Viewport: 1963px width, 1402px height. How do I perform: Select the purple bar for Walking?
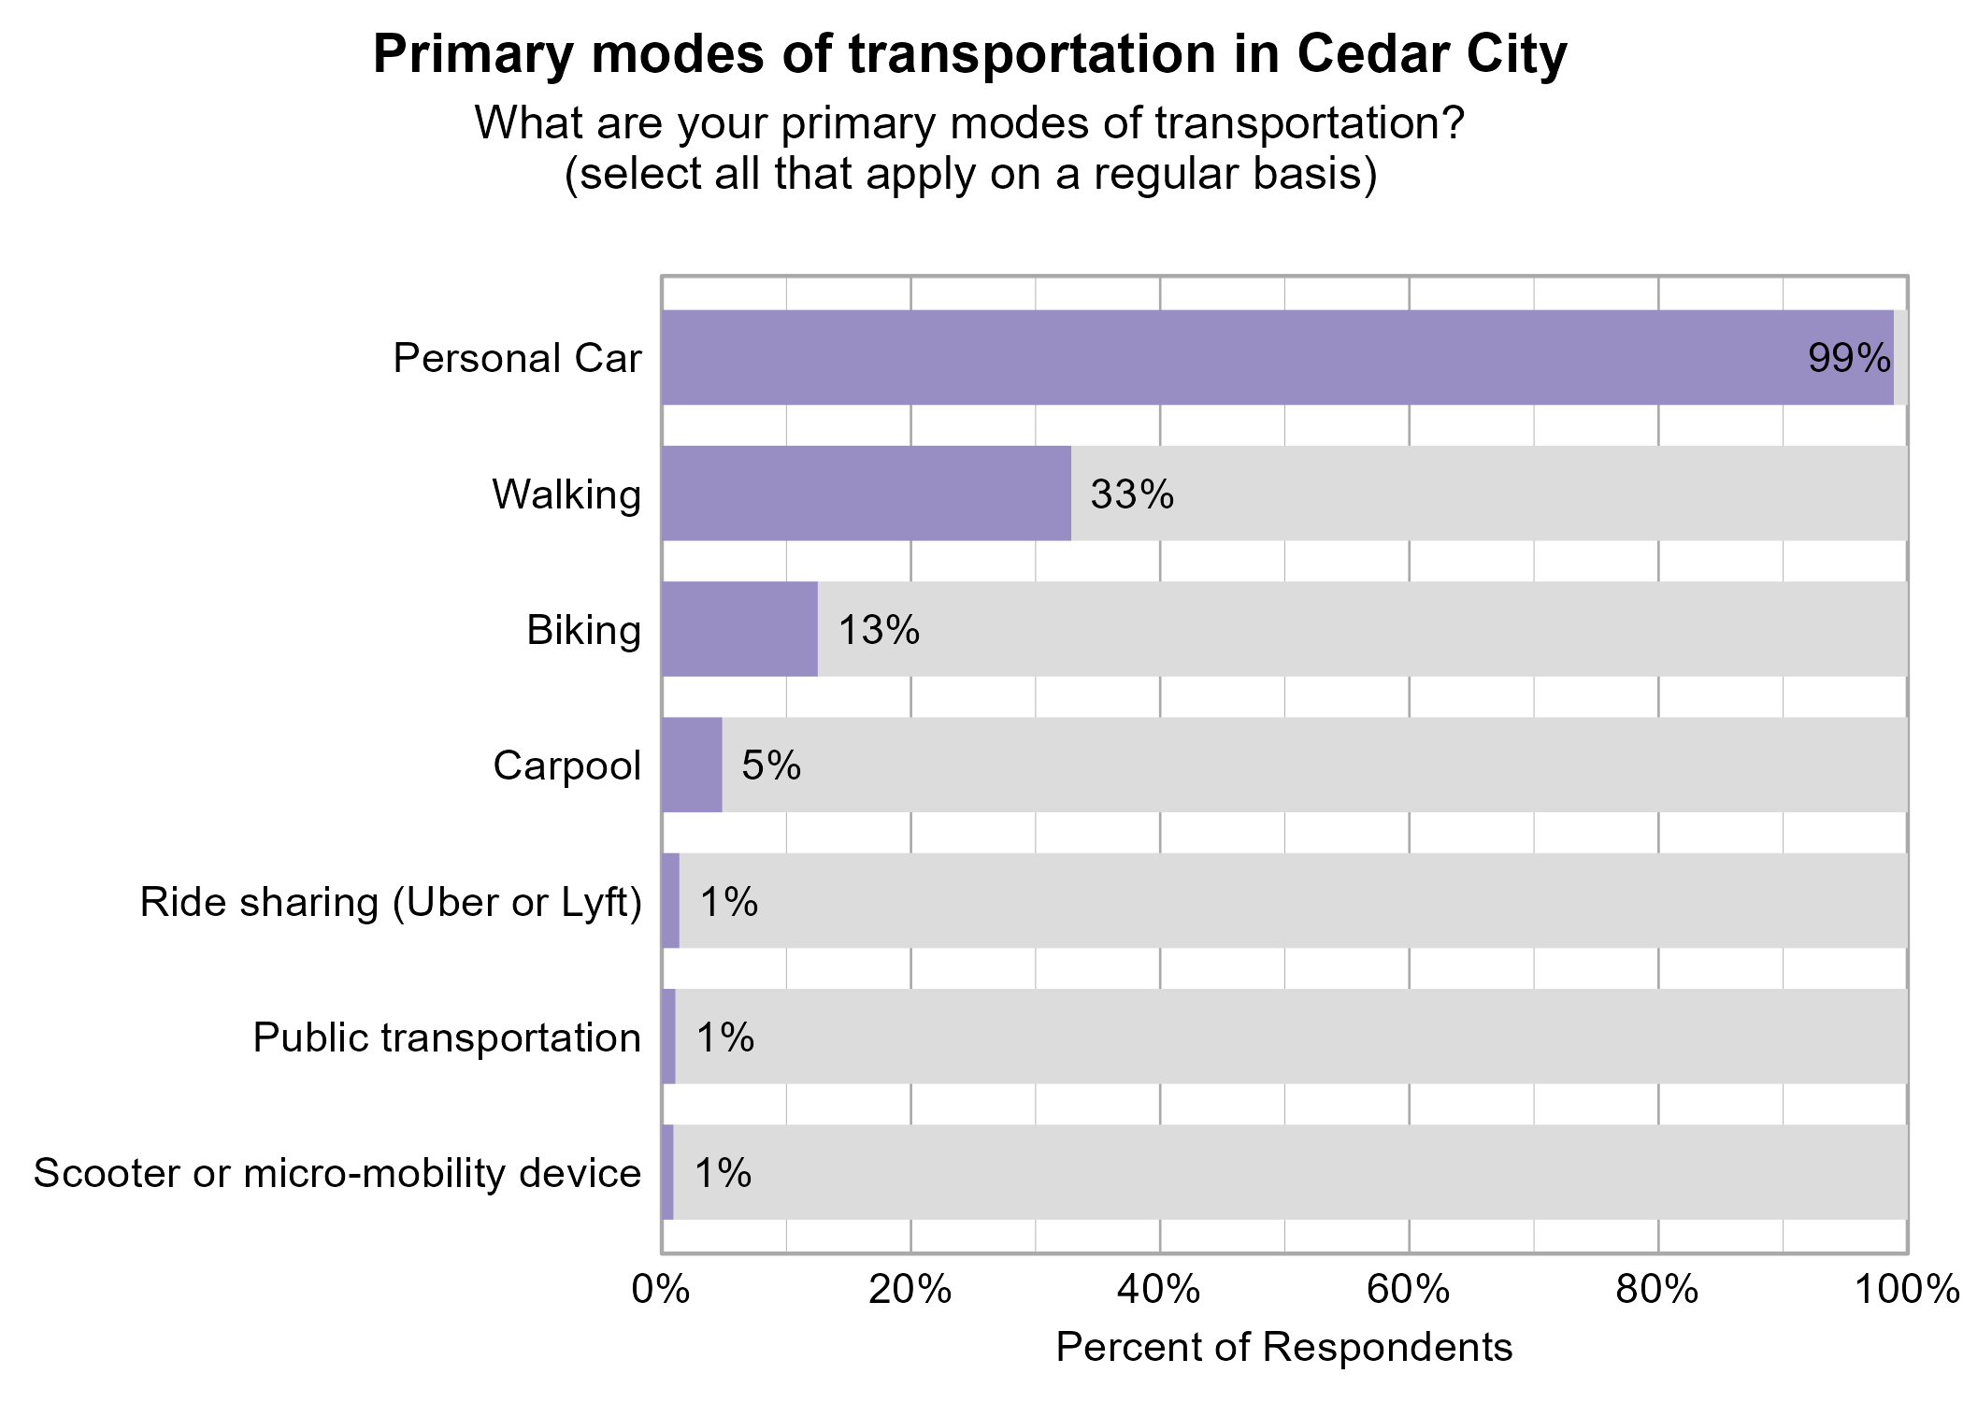click(x=866, y=494)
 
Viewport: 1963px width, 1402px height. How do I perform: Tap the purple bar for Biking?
click(x=739, y=629)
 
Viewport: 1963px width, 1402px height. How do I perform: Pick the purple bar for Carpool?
click(x=692, y=765)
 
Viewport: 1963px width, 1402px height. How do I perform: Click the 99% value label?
click(x=1849, y=359)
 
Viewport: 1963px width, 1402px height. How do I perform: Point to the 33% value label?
click(x=1132, y=494)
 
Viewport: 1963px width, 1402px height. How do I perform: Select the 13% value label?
click(x=879, y=630)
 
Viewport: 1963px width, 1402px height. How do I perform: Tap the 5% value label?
click(x=771, y=765)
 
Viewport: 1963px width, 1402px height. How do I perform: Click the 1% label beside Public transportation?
click(x=725, y=1037)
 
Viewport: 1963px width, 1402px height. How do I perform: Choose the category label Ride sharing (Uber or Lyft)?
click(x=391, y=902)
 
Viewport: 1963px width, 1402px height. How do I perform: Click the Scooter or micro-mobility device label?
click(x=337, y=1173)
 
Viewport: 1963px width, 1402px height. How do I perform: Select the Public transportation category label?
click(x=447, y=1037)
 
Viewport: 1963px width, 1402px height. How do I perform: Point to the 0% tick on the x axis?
click(x=661, y=1291)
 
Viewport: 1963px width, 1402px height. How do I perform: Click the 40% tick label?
click(x=1159, y=1291)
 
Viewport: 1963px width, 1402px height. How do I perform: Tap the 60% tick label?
click(x=1409, y=1291)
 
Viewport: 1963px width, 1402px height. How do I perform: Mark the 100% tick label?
click(x=1907, y=1291)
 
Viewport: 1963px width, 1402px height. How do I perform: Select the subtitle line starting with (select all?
click(x=970, y=175)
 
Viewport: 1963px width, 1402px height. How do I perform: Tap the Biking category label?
click(x=583, y=630)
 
